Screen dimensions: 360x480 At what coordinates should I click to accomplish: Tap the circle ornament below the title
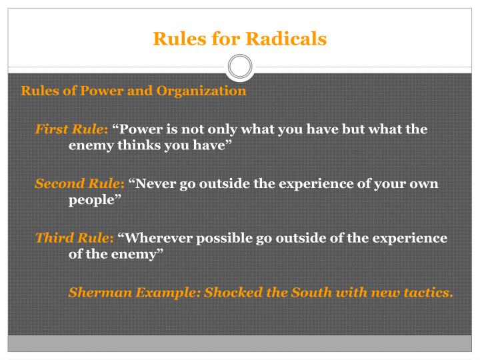click(240, 67)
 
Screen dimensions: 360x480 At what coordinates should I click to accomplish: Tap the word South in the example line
click(326, 292)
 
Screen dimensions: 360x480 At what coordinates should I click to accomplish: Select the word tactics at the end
click(427, 292)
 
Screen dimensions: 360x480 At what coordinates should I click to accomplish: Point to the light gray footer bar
click(240, 343)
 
